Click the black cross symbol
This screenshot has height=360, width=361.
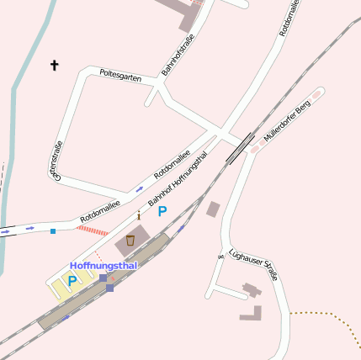click(56, 65)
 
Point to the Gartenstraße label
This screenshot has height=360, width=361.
click(56, 161)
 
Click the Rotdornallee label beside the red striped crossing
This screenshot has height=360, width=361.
click(100, 210)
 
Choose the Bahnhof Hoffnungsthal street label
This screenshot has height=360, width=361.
click(178, 178)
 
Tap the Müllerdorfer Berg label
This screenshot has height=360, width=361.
click(287, 119)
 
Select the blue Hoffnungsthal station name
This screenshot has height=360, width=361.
click(103, 266)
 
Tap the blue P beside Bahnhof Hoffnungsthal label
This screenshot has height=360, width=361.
click(162, 212)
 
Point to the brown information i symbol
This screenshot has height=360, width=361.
click(139, 216)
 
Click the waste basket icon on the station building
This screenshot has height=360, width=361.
click(130, 241)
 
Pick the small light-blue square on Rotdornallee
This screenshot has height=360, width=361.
click(52, 230)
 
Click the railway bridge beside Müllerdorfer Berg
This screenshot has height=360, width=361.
click(239, 146)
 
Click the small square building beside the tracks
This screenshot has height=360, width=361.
click(213, 209)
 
